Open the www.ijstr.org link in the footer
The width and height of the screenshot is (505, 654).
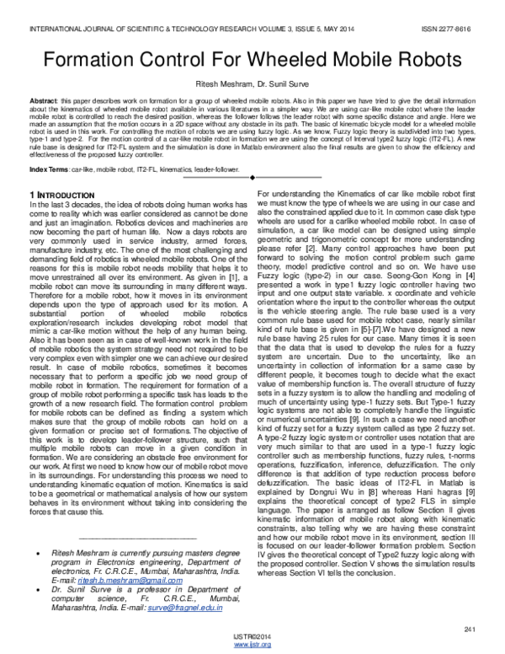[x=252, y=645]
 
